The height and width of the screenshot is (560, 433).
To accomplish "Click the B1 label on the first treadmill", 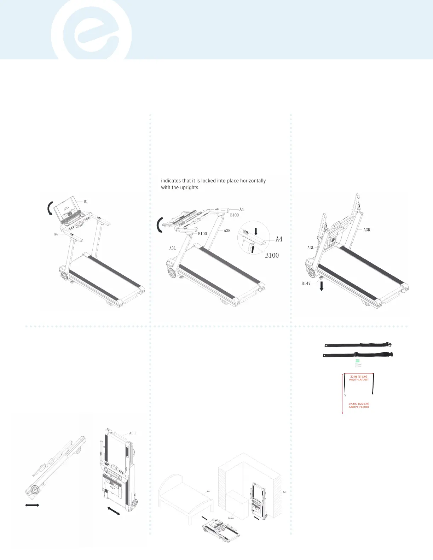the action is click(x=86, y=202).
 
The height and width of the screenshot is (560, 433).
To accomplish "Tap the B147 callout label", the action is click(x=306, y=284).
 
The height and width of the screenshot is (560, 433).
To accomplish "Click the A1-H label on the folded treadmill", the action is click(x=133, y=433).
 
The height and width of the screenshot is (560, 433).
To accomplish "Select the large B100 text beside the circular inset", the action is click(x=272, y=255).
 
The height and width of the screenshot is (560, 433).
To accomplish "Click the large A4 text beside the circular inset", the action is click(x=279, y=239).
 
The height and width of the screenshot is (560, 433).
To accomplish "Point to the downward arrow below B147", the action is click(x=322, y=286).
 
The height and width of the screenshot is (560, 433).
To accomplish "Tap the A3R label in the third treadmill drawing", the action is click(x=367, y=230).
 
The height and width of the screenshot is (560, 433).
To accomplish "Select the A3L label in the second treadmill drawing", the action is click(x=172, y=248).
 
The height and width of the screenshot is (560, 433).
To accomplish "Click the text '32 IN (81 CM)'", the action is click(x=359, y=377).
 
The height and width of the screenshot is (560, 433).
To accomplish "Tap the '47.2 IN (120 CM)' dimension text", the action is click(x=359, y=404).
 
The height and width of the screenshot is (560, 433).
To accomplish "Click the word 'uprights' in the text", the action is click(x=190, y=187).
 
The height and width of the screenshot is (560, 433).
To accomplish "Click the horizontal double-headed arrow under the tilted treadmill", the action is click(x=32, y=505).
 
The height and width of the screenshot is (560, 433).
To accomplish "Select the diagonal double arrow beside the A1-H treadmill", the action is click(x=114, y=511).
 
